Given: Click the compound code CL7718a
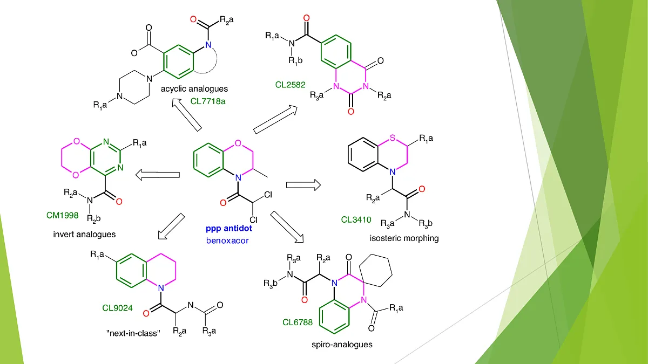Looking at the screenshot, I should [x=208, y=100].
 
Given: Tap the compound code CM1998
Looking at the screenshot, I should [x=63, y=216].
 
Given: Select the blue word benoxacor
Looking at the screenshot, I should [x=227, y=240].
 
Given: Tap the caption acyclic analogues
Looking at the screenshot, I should [x=198, y=88].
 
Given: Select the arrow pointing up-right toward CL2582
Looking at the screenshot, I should [x=275, y=119].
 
